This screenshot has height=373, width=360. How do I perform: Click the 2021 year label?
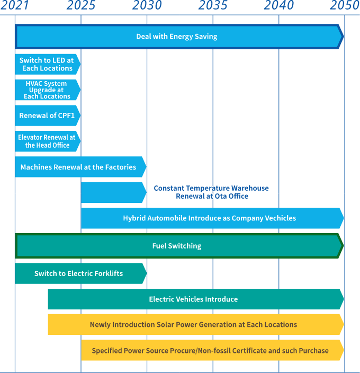(x=15, y=6)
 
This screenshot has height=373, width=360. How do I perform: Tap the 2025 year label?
(x=81, y=6)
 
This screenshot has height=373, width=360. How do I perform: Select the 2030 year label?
(x=147, y=6)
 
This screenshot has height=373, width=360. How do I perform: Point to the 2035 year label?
(x=213, y=6)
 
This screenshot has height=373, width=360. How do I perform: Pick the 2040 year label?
(x=279, y=6)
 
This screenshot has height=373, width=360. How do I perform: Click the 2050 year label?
(x=345, y=6)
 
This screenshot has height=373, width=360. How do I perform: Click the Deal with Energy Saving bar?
(x=177, y=37)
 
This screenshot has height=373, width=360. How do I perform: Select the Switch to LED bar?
(x=47, y=64)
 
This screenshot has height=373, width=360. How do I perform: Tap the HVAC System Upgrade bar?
(x=47, y=90)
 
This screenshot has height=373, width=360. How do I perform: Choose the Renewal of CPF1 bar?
(x=47, y=116)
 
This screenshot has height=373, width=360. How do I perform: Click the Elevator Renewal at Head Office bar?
(x=47, y=141)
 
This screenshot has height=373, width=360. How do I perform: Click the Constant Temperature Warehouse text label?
(x=211, y=192)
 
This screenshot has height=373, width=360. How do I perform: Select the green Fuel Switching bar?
(x=177, y=246)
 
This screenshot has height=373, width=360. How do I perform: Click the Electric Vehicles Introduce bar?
(x=194, y=299)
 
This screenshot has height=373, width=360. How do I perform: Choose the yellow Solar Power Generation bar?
(x=194, y=324)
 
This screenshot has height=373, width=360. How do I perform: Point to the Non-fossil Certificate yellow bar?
(x=211, y=350)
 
